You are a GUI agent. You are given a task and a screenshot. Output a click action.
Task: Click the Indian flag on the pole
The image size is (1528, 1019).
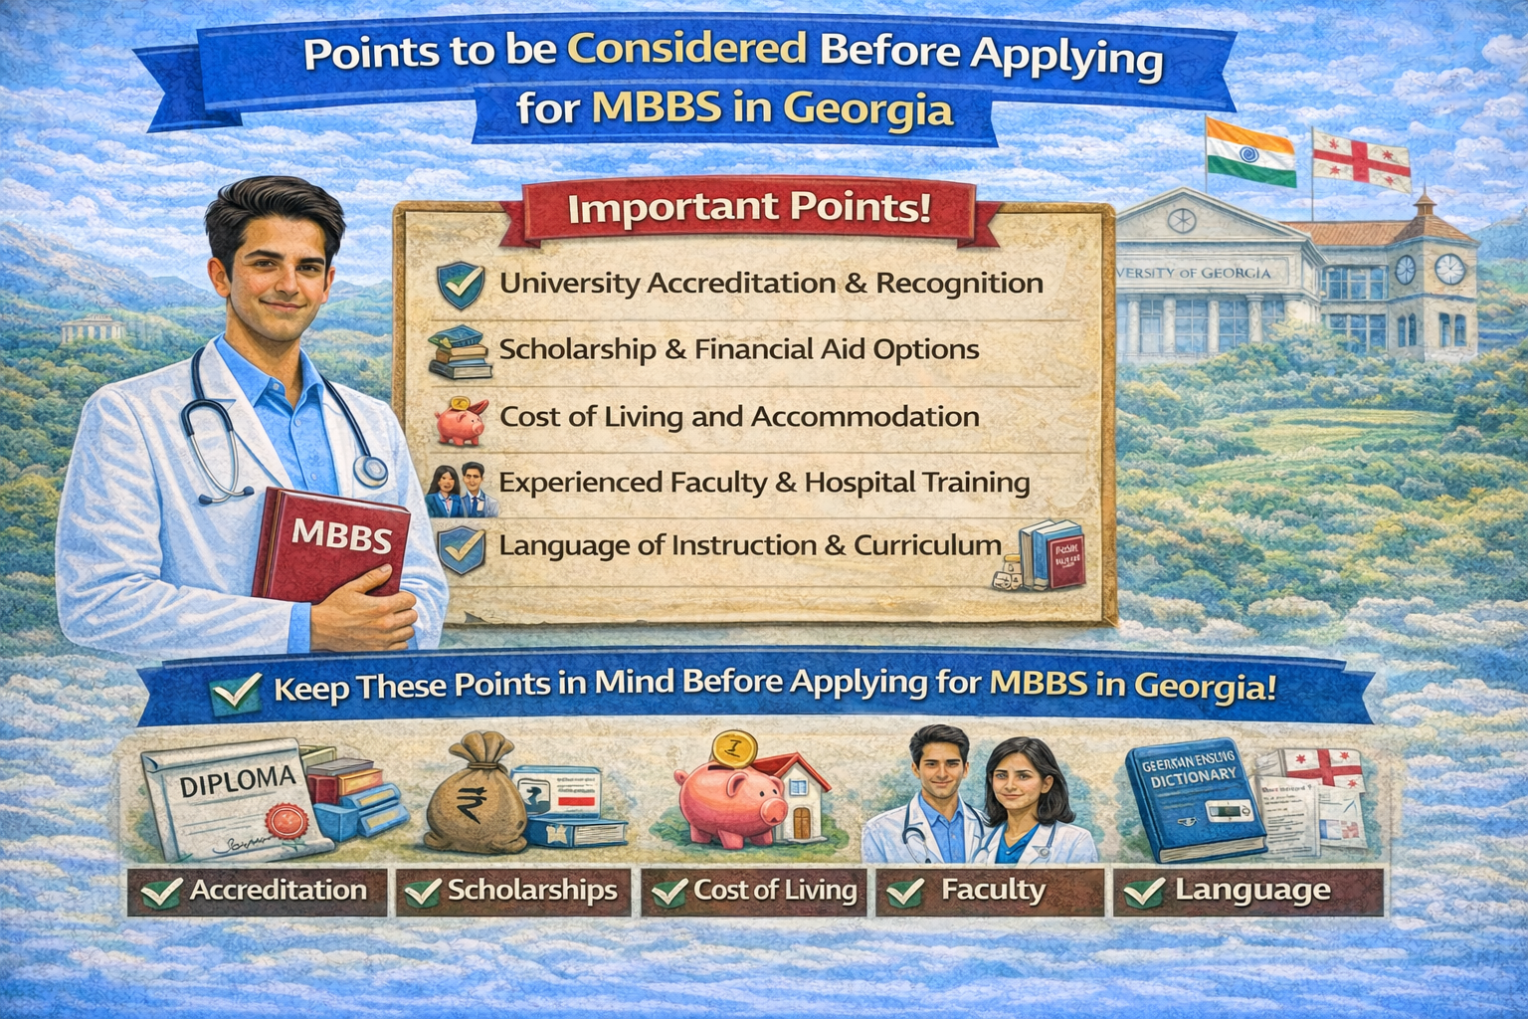[x=1249, y=152]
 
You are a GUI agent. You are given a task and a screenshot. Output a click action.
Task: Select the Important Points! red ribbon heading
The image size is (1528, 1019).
[x=748, y=209]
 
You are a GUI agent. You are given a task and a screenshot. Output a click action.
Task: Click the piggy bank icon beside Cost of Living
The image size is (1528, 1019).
[x=461, y=419]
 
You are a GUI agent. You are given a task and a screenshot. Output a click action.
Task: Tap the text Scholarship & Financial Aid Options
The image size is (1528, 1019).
[x=738, y=350]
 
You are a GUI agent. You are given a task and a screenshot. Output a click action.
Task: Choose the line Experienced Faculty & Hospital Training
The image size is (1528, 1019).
[x=763, y=483]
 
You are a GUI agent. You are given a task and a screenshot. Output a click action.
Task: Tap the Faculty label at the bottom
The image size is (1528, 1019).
[x=989, y=891]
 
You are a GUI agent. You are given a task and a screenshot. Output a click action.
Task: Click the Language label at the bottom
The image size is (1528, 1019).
[x=1249, y=891]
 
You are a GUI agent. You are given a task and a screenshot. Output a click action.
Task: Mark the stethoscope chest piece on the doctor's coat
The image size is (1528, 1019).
[x=372, y=470]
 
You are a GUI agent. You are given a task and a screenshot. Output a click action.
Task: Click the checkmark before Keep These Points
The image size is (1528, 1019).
[x=236, y=691]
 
